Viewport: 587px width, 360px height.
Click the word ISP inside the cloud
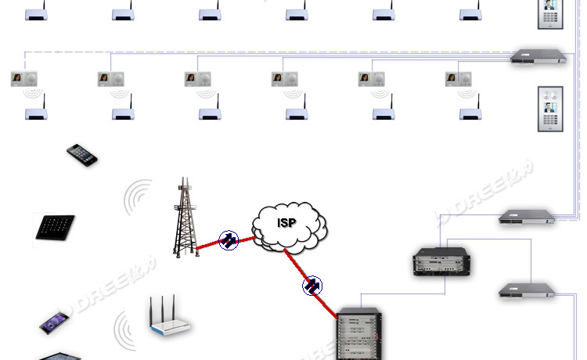[x=287, y=222]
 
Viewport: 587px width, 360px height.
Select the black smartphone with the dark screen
[x=81, y=154]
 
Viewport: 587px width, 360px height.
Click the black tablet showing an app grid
[x=54, y=228]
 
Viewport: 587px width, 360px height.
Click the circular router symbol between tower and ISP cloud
[x=229, y=239]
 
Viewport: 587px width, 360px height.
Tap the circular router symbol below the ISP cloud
[x=312, y=286]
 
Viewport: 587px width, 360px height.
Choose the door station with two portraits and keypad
[x=549, y=110]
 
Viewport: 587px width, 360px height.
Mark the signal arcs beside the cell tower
[x=139, y=197]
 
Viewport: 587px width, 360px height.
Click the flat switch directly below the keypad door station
[x=528, y=217]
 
